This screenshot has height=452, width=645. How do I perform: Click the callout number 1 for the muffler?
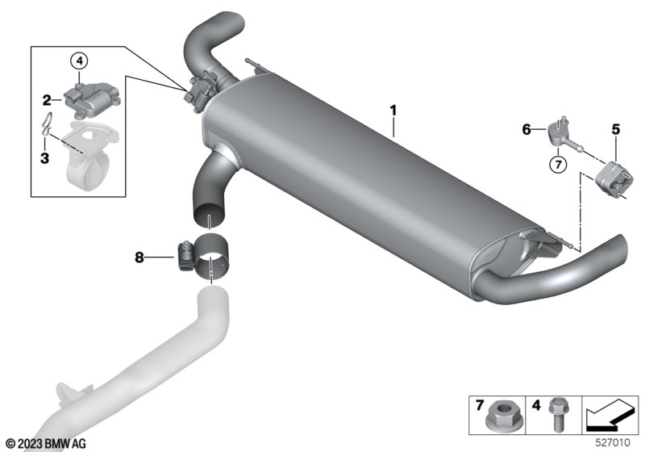pyautogui.click(x=393, y=111)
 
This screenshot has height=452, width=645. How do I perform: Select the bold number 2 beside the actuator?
pyautogui.click(x=47, y=100)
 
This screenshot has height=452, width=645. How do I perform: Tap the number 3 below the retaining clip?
pyautogui.click(x=45, y=157)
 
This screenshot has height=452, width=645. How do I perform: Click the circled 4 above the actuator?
pyautogui.click(x=79, y=61)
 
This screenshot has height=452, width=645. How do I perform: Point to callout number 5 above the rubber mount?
pyautogui.click(x=615, y=129)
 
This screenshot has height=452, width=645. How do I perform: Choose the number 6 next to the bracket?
pyautogui.click(x=526, y=130)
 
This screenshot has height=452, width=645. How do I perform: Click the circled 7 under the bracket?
pyautogui.click(x=558, y=165)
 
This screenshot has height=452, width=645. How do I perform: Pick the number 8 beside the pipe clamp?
pyautogui.click(x=139, y=257)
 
